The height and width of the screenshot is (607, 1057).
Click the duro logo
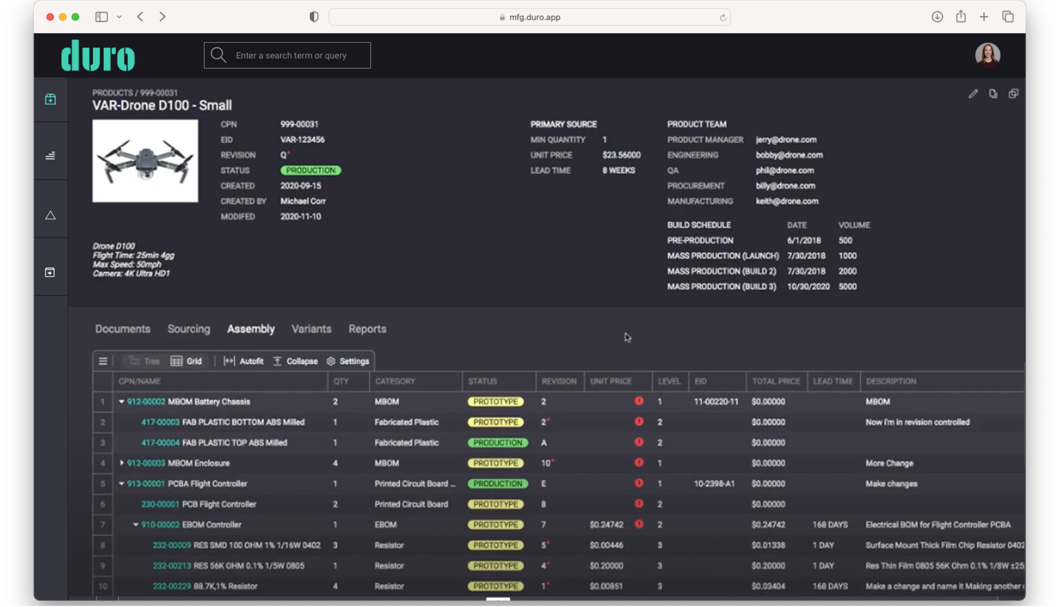98,56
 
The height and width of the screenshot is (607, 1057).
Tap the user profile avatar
987,55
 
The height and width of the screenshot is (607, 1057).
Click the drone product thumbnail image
145,161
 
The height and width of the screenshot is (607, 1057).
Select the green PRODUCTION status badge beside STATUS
311,170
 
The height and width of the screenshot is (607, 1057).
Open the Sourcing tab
188,329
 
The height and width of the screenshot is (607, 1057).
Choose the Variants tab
311,329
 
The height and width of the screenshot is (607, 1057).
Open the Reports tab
367,329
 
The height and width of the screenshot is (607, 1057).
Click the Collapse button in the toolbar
296,361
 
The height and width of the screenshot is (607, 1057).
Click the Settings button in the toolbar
348,361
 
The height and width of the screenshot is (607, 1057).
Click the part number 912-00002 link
146,402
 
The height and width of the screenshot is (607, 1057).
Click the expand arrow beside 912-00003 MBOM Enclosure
122,463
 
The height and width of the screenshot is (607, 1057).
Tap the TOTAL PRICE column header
776,381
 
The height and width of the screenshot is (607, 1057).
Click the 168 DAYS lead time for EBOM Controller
830,524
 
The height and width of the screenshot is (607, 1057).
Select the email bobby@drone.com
789,155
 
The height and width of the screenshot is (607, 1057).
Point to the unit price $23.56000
621,155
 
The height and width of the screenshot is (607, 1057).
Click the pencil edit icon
973,94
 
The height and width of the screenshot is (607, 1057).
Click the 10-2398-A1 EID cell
714,484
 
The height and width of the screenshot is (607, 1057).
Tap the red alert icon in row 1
639,401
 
